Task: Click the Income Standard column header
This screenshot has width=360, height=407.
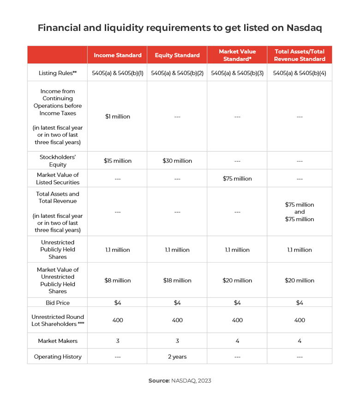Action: click(117, 55)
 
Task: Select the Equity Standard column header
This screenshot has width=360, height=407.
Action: click(177, 55)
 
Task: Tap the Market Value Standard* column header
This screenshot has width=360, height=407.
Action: click(237, 55)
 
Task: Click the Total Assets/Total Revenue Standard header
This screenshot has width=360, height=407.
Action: click(300, 55)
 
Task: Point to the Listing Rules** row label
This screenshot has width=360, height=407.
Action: click(58, 73)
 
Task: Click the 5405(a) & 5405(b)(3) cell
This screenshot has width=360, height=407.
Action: click(237, 73)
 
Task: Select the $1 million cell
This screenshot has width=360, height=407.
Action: click(117, 117)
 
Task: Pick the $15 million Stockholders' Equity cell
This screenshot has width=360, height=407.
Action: click(117, 161)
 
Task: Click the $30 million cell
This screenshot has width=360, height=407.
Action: click(177, 161)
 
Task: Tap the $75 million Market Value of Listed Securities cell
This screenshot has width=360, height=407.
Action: click(237, 179)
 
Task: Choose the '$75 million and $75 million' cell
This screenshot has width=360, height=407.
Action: click(300, 212)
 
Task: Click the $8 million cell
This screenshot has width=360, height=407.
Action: click(117, 281)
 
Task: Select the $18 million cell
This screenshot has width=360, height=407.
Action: click(177, 281)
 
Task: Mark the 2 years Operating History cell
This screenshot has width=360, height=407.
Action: click(177, 357)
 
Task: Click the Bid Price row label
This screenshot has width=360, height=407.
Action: click(58, 303)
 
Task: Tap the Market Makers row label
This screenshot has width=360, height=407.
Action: click(58, 341)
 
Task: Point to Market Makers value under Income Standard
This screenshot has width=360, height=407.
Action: click(117, 341)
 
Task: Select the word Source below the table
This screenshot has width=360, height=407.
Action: click(158, 381)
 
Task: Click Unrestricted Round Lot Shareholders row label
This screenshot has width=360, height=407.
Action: click(58, 320)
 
